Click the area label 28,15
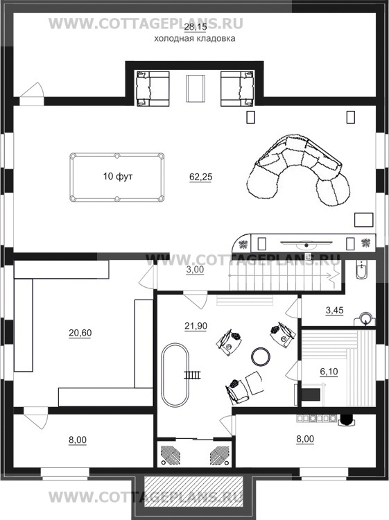[196, 27]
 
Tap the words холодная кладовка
[195, 39]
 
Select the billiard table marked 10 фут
[116, 177]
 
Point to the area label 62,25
[200, 177]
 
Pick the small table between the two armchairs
[196, 89]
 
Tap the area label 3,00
[195, 270]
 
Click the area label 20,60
[80, 333]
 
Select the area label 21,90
[196, 326]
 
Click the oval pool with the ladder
[175, 374]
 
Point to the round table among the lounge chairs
[260, 356]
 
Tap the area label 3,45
[334, 311]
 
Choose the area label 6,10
[329, 372]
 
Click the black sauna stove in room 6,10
[311, 395]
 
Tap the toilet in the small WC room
[361, 269]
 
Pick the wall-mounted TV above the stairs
[306, 244]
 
